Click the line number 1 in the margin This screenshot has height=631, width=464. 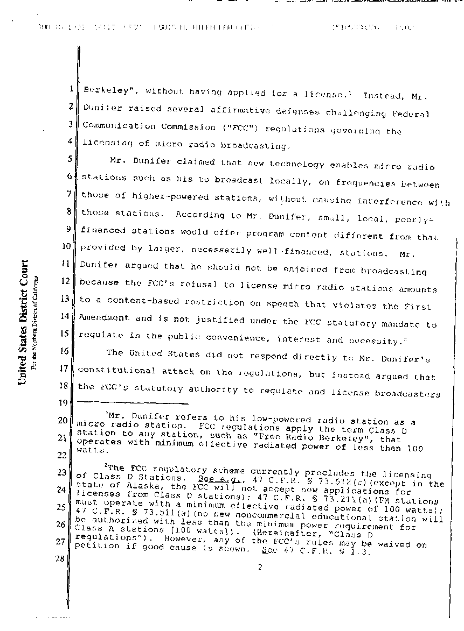coord(71,89)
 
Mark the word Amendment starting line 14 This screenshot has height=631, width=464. coord(105,318)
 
